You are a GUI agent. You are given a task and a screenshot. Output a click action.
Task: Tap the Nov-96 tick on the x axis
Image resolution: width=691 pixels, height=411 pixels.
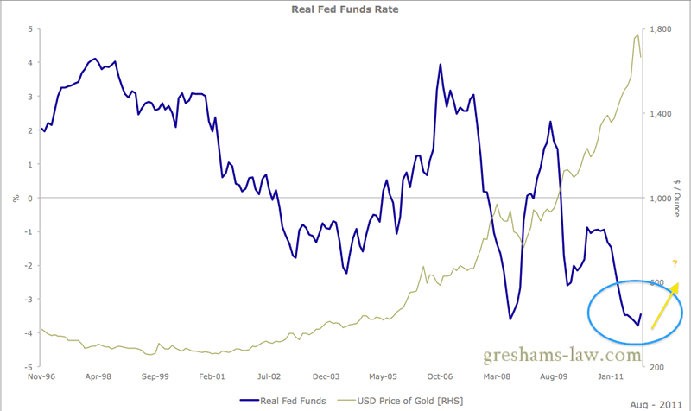(x=42, y=376)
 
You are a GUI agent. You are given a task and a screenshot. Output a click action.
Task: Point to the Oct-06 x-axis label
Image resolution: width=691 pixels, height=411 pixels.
(x=440, y=376)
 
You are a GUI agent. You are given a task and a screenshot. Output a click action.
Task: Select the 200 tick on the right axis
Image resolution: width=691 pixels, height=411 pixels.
(x=657, y=367)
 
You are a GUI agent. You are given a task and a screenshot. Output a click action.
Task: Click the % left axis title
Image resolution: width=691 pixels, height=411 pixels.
(x=15, y=199)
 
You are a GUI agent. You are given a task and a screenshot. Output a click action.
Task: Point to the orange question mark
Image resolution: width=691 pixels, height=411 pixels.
(x=674, y=264)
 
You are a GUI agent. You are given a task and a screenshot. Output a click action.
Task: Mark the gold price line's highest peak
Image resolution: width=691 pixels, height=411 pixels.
(x=637, y=35)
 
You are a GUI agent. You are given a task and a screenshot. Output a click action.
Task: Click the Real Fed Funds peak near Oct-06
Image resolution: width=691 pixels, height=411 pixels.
(x=441, y=64)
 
